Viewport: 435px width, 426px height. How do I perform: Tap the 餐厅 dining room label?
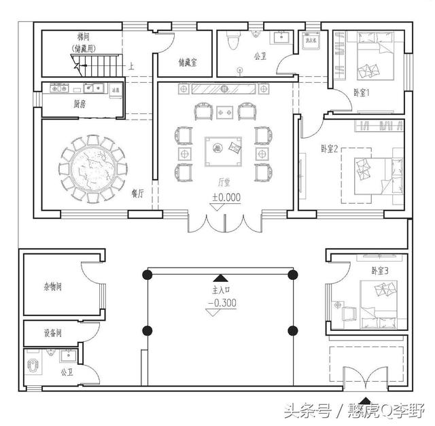(138, 194)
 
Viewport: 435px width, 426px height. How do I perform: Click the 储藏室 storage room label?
(187, 63)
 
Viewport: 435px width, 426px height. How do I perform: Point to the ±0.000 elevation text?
(226, 198)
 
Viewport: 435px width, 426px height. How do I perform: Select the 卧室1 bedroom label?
(362, 93)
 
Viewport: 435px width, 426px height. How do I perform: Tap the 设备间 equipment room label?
(50, 333)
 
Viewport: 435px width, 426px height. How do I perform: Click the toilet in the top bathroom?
(234, 42)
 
